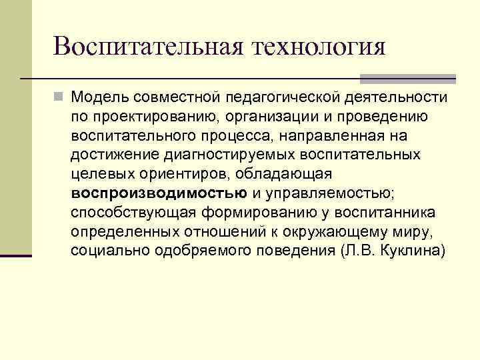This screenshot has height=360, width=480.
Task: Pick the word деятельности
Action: pyautogui.click(x=397, y=97)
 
